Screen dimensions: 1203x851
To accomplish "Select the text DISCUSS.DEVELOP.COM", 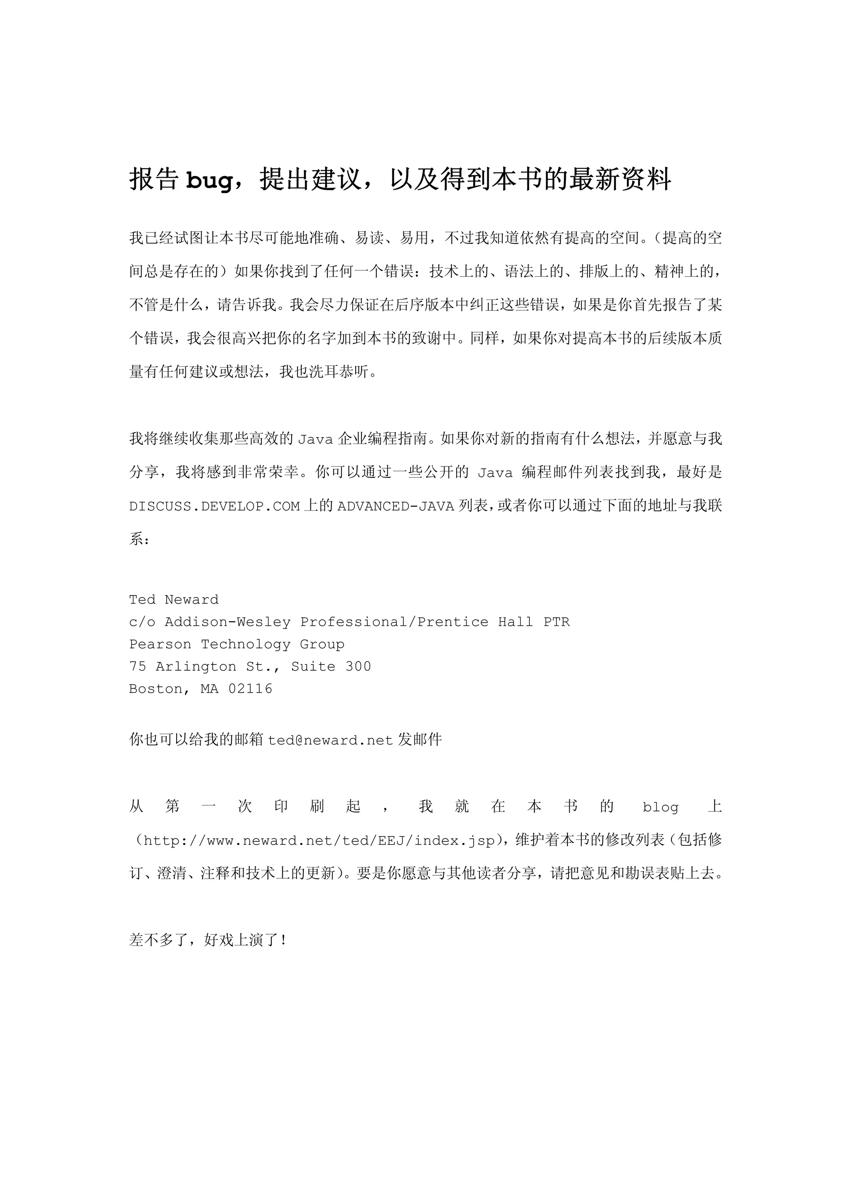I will [x=214, y=507].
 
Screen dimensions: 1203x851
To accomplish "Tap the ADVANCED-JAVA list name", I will [x=395, y=507].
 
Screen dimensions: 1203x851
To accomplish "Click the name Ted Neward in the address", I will [x=174, y=599].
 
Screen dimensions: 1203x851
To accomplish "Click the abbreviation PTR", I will [x=556, y=622].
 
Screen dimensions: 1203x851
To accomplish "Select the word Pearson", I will [x=160, y=644].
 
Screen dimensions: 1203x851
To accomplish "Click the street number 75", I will [x=138, y=666].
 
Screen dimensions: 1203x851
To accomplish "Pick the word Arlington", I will [x=196, y=666].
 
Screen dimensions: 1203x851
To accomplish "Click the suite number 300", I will [x=358, y=666].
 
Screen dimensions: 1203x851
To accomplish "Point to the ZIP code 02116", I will [x=250, y=689].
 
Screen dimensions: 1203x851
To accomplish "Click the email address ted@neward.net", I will [x=330, y=740].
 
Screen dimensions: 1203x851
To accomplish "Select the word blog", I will [x=660, y=807].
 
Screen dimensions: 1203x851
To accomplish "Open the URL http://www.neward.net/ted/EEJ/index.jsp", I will [x=319, y=841].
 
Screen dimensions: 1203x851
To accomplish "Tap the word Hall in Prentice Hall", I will [x=515, y=622].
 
